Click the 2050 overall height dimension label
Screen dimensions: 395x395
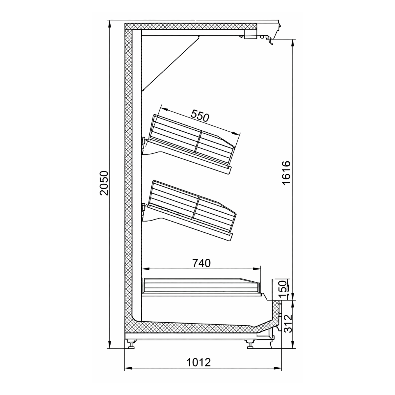(x=104, y=183)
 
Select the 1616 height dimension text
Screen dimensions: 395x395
(x=286, y=173)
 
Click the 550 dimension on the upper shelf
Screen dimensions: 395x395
(x=200, y=116)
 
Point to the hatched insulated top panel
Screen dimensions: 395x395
(x=191, y=26)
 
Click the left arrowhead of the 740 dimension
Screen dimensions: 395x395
(x=144, y=269)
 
